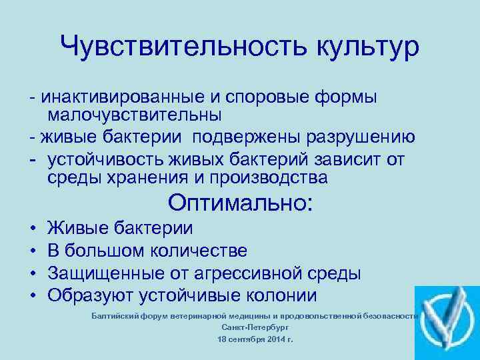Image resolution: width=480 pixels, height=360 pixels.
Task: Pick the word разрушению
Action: coord(360,137)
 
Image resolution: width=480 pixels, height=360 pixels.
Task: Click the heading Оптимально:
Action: coord(240,202)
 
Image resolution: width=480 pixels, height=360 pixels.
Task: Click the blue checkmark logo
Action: coord(447,323)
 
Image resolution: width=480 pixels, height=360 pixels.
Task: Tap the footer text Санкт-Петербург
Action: coord(250,327)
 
